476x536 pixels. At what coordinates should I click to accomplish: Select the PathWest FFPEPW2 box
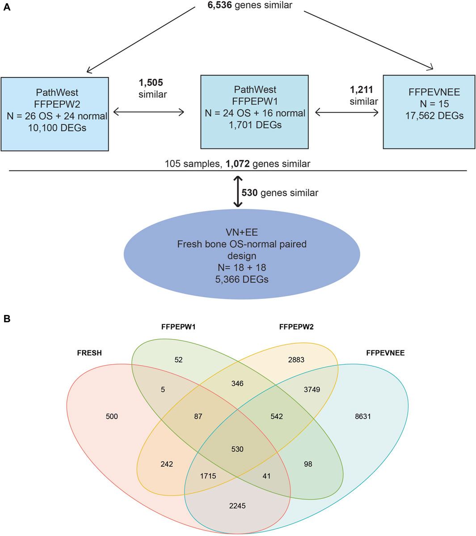point(55,114)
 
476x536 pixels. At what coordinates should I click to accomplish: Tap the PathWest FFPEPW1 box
point(254,111)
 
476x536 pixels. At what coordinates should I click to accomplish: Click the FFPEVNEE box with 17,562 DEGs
point(429,111)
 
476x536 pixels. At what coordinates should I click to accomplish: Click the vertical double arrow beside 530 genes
point(237,192)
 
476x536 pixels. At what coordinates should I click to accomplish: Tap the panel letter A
point(6,8)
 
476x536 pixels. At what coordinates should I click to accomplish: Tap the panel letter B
point(6,319)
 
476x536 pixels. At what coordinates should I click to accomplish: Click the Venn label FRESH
point(89,353)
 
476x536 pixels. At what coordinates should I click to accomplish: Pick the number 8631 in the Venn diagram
point(362,417)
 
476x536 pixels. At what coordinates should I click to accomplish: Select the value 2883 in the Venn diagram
point(296,360)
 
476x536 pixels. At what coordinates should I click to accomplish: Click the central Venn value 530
point(237,449)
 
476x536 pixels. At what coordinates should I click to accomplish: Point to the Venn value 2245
point(237,506)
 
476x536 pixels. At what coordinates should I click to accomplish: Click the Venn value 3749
point(312,389)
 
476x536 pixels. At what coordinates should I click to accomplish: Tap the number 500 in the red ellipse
point(112,417)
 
